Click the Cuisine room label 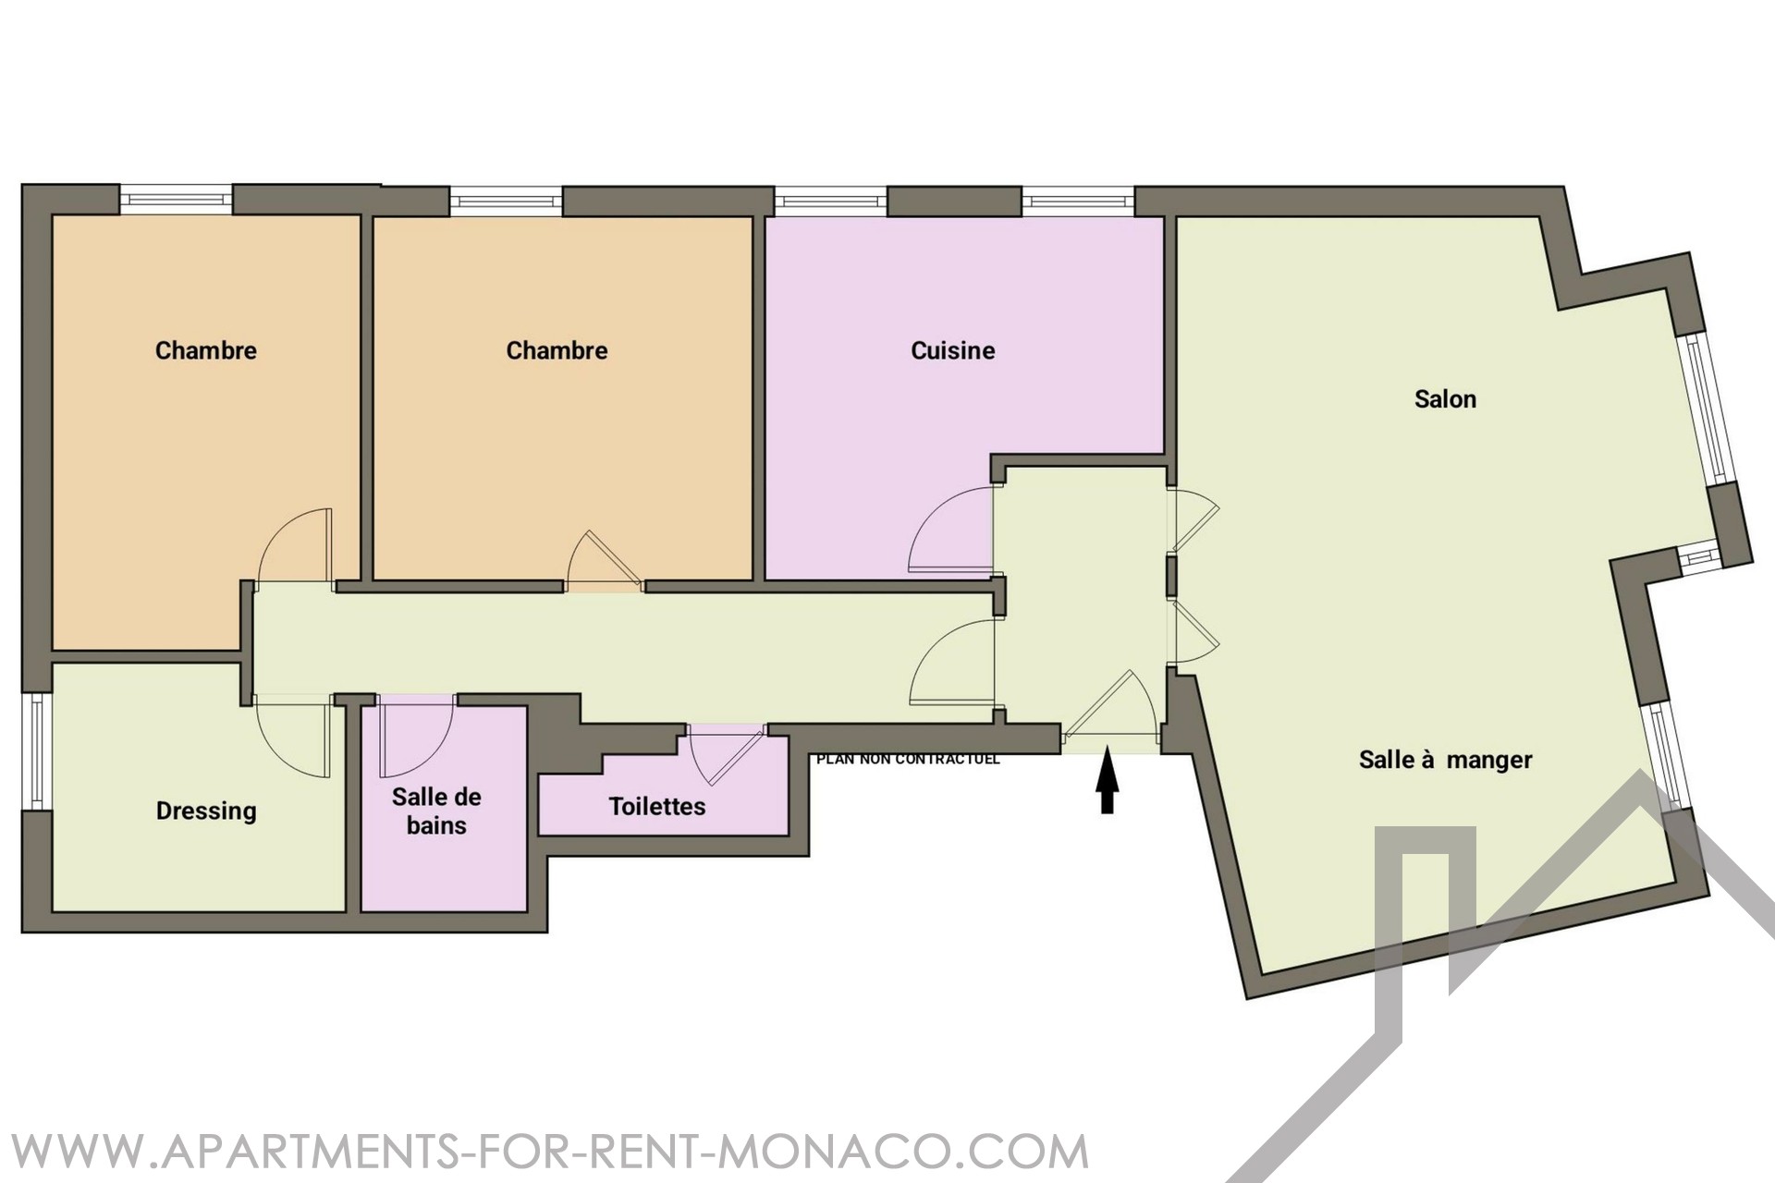click(x=952, y=350)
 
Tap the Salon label click(x=1445, y=399)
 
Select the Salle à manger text click(x=1445, y=760)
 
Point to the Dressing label click(x=206, y=811)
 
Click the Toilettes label click(x=657, y=806)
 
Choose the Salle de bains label click(x=436, y=811)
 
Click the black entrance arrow click(x=1107, y=781)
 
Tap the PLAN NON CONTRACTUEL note click(x=908, y=760)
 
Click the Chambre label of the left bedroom click(x=206, y=350)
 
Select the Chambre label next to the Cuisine click(x=557, y=350)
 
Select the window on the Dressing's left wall click(x=36, y=750)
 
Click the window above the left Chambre click(x=176, y=200)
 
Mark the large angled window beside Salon click(x=1708, y=409)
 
